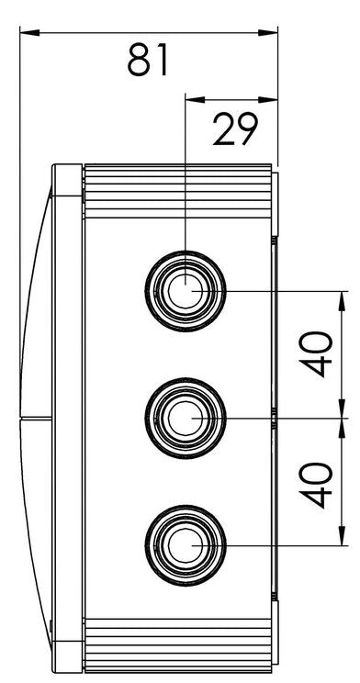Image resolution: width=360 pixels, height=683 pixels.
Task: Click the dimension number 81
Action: pos(147,60)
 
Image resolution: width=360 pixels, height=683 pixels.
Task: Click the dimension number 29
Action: pos(235,129)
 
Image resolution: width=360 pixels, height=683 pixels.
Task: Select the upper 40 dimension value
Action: pos(316,354)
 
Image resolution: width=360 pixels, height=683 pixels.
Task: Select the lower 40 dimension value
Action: pos(316,486)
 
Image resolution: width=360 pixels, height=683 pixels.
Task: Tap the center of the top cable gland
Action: pos(186,290)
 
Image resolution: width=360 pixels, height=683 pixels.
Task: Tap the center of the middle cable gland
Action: pos(186,419)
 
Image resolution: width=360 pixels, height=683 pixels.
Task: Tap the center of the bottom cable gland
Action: pos(186,545)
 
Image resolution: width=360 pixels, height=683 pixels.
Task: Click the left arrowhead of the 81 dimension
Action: pos(29,33)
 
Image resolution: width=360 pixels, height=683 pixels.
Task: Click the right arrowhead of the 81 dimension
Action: pos(268,33)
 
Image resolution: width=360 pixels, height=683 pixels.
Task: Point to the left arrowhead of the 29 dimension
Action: pos(196,100)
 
